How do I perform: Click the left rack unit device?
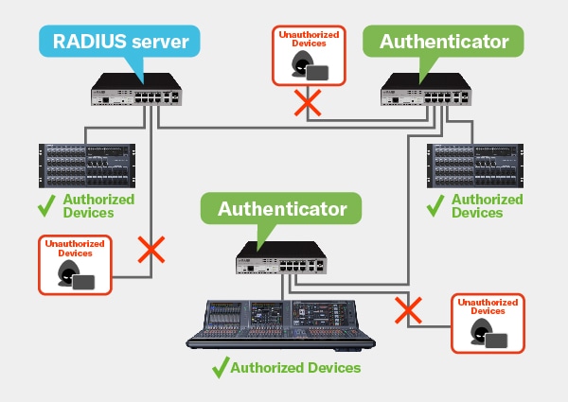(x=84, y=166)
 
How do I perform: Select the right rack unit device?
(x=476, y=166)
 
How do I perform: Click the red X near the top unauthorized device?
(x=305, y=103)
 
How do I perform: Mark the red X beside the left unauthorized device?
(x=151, y=250)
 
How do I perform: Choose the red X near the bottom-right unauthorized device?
(x=408, y=308)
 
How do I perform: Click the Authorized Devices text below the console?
(x=295, y=367)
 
